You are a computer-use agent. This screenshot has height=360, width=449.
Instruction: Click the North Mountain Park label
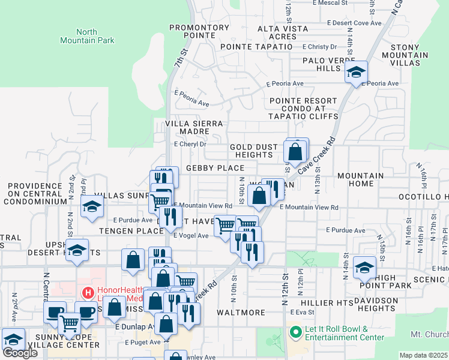[86, 36]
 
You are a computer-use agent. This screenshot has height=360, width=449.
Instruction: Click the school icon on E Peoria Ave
[356, 73]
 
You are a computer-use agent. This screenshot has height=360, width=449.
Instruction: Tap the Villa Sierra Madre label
[194, 127]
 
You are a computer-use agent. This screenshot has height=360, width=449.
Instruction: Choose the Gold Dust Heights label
[254, 151]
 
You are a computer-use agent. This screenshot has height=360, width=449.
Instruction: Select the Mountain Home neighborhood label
[360, 179]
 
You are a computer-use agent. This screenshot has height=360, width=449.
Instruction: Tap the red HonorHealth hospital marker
[88, 293]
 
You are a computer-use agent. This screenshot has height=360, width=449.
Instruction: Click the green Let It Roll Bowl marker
[294, 331]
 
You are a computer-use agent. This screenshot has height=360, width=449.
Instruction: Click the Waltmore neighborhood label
[241, 313]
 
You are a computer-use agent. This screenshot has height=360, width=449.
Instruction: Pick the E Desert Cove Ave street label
[354, 23]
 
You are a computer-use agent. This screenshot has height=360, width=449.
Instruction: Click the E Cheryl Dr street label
[190, 144]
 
